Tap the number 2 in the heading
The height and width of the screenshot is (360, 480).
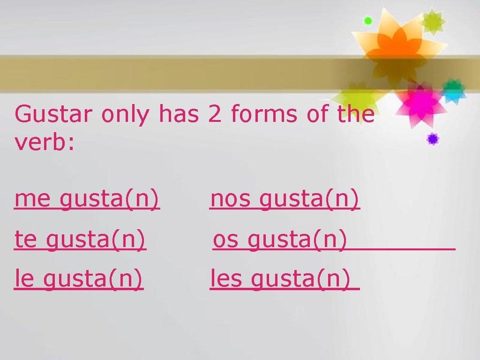click(x=214, y=114)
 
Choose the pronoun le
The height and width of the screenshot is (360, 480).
click(x=23, y=280)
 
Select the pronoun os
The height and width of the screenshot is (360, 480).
click(x=225, y=240)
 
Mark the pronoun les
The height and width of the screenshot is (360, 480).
click(x=226, y=280)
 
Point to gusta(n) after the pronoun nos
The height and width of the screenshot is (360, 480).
click(x=310, y=200)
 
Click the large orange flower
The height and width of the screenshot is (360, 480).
click(x=394, y=45)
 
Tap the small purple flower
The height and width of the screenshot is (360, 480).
click(x=432, y=139)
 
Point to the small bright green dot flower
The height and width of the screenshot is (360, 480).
click(x=368, y=21)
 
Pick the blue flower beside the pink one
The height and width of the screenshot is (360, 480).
click(x=454, y=90)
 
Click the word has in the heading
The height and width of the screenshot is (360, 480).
click(x=179, y=114)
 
